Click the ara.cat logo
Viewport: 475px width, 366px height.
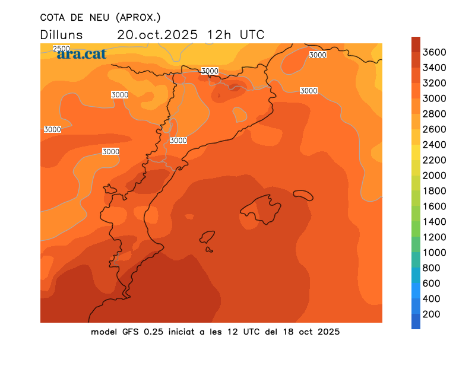81,54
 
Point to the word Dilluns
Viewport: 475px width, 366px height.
62,34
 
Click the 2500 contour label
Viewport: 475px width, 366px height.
61,49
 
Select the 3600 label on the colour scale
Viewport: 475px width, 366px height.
435,52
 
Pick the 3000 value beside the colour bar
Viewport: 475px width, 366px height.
435,98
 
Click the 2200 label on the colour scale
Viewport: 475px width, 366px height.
435,160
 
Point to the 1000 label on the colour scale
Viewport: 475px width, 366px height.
435,252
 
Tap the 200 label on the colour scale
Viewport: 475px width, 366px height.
432,314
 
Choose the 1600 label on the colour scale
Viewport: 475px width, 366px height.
435,206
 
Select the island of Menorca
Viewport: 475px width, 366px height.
303,195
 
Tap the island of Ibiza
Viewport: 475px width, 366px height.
207,237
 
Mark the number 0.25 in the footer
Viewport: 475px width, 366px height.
154,332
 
